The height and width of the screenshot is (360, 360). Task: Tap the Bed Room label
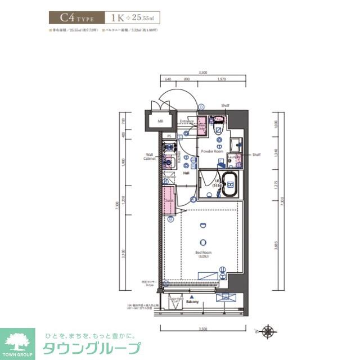coord(202,253)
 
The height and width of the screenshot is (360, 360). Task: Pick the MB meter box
coord(160,120)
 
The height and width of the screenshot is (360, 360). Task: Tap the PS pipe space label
coord(169,136)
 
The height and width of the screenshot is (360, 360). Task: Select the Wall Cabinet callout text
coord(150,156)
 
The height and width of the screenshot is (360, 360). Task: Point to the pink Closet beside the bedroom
coord(168,200)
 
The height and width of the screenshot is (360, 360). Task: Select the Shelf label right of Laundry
coord(256,155)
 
